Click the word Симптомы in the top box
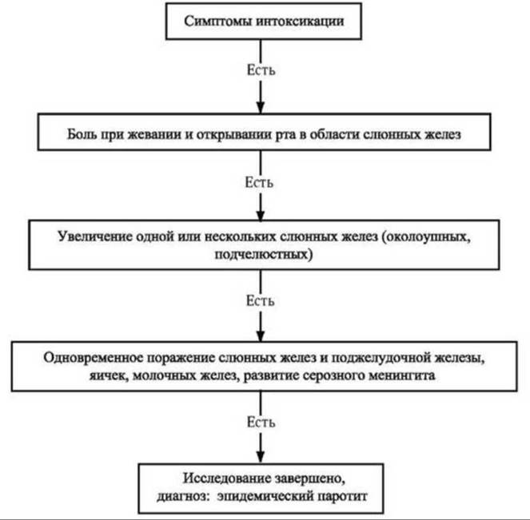218,22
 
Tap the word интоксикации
300,22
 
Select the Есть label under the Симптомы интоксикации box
261,70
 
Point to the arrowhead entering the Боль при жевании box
261,107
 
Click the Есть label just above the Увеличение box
259,182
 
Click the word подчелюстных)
264,254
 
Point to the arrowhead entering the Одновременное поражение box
261,335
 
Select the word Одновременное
94,358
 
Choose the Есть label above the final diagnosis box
261,422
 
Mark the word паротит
342,496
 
